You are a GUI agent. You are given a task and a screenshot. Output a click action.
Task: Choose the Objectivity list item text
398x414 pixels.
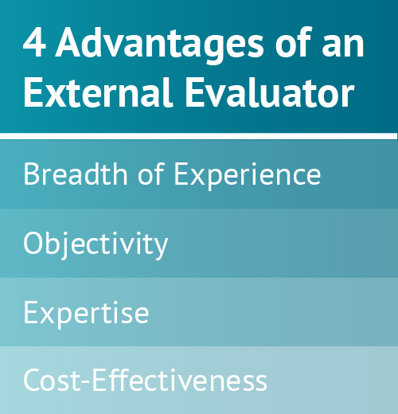click(96, 244)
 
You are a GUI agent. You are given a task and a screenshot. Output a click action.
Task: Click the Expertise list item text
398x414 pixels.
click(86, 313)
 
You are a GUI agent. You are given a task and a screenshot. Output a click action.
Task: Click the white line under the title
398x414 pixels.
click(199, 134)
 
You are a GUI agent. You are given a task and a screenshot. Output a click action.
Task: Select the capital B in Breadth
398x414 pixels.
click(32, 174)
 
